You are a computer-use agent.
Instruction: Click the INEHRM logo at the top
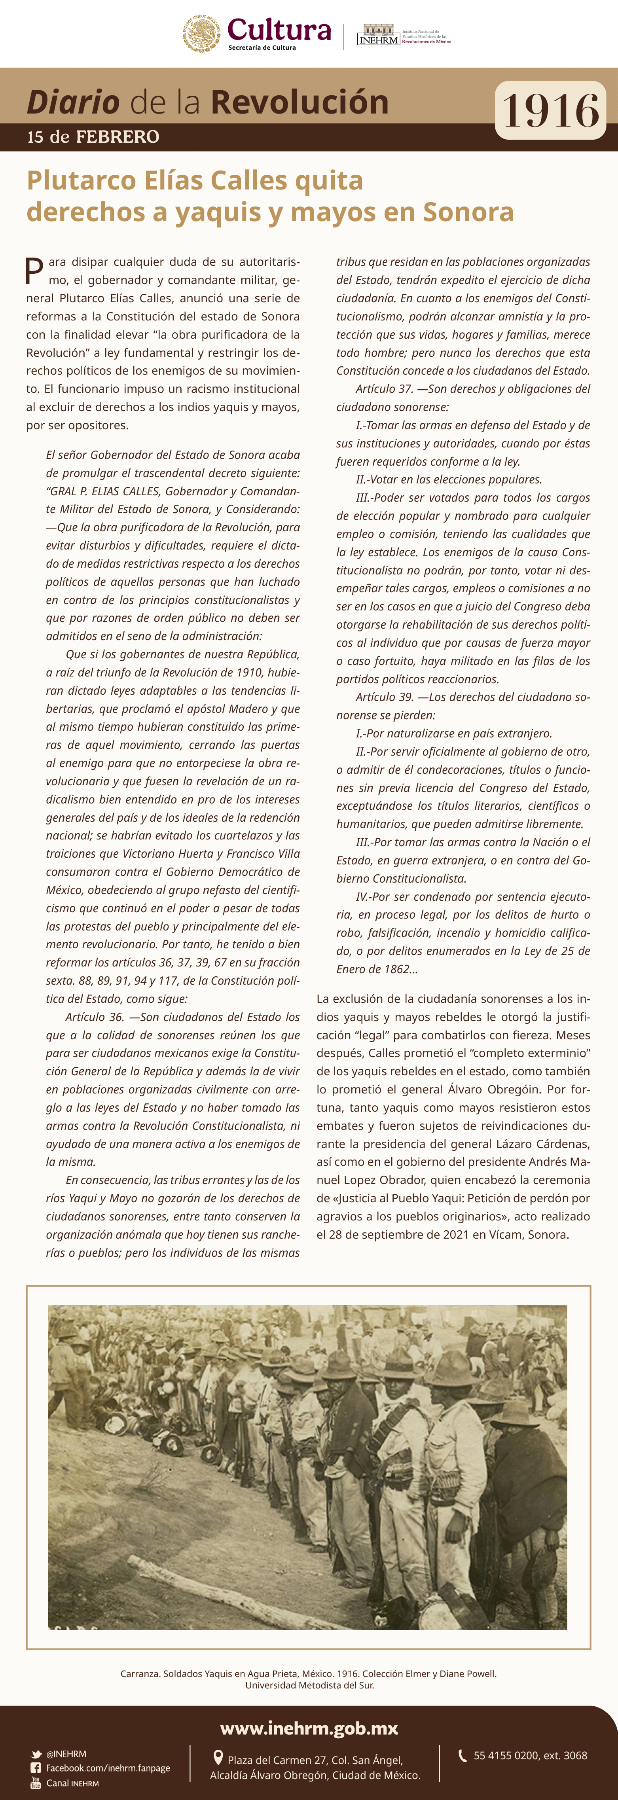coord(378,36)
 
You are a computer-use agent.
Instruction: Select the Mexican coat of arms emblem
coord(201,34)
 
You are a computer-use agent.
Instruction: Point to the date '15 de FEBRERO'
coord(93,137)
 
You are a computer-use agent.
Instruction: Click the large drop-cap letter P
coord(34,271)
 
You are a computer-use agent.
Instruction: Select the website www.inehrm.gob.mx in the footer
coord(309,1729)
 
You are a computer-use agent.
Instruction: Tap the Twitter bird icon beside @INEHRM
coord(36,1754)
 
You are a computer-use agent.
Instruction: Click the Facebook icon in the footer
coord(36,1768)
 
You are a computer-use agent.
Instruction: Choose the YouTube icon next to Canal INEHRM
coord(36,1783)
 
